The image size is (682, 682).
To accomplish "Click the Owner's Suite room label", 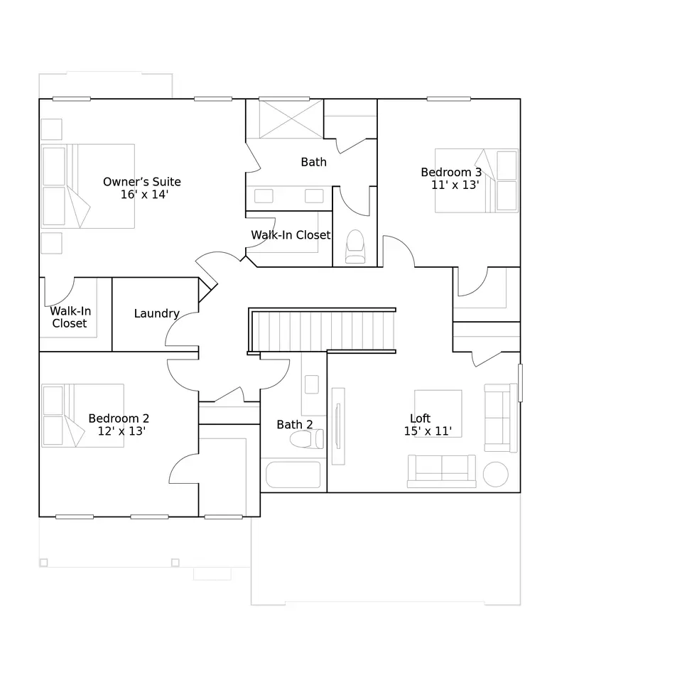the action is coord(142,188).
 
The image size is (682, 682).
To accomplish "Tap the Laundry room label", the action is coord(156,313).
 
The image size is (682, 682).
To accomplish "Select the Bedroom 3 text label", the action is coord(451,172).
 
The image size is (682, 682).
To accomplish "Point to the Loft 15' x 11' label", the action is coord(428,425).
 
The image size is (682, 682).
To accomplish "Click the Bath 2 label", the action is coord(294,425).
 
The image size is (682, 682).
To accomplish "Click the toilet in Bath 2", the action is coord(307,439).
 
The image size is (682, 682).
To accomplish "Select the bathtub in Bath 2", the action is coord(293,475).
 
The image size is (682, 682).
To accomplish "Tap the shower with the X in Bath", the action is coord(291,119).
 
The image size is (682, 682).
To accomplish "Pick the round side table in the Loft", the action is coord(495,474).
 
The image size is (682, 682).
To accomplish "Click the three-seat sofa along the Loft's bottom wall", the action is coord(441,471).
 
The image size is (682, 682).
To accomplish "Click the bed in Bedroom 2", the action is coord(82,416).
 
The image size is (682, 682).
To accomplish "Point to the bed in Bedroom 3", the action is coord(476,181).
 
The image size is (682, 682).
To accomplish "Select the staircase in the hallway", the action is coord(322,330).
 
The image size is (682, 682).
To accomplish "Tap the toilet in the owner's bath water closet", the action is coord(355,247).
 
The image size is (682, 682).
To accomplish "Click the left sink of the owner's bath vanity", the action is coord(264,196).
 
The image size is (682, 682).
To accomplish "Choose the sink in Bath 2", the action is coord(311,384).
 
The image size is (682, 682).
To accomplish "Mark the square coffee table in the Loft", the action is coord(438,413).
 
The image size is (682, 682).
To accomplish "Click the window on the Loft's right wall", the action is coord(520,383).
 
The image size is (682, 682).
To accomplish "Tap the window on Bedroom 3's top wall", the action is coord(448,99).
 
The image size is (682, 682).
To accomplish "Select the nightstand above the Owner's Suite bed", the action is coord(51,129).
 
